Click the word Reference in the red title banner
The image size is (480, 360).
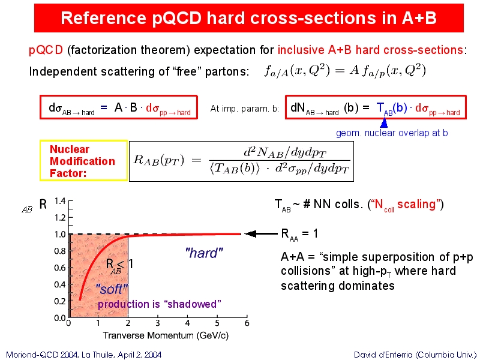tap(103, 18)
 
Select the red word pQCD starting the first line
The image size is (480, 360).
tap(46, 50)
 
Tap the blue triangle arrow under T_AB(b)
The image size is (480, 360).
tap(383, 122)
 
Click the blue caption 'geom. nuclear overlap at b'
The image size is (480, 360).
tap(392, 133)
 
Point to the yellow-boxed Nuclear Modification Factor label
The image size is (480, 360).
tap(83, 161)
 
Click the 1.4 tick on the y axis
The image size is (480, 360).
tap(60, 201)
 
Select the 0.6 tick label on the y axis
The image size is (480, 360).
tap(60, 268)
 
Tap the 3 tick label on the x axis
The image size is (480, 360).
tap(158, 323)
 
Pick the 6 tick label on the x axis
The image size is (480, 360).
tap(247, 323)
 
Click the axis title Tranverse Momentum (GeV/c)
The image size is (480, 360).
tap(166, 335)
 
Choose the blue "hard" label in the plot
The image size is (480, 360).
tap(204, 253)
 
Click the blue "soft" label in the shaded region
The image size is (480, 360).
tap(112, 289)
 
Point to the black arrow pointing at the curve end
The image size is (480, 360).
tap(261, 234)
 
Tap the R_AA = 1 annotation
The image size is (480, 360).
tap(299, 235)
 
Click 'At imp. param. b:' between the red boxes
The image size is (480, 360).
tap(245, 109)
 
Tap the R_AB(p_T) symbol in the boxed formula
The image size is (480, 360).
tap(158, 161)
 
